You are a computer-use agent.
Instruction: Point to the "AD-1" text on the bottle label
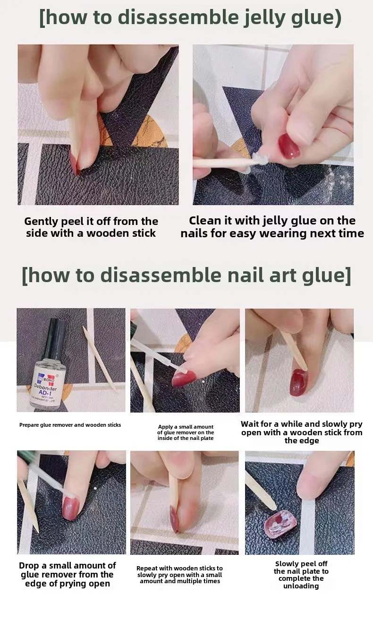(46, 393)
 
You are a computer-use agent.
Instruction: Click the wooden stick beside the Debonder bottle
(100, 359)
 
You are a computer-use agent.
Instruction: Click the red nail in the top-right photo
(289, 146)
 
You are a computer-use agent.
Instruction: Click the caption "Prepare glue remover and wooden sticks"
(70, 425)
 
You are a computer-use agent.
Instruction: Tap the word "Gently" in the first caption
(41, 222)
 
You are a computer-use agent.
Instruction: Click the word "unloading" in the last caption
(301, 586)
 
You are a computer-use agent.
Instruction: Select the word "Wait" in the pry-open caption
(250, 424)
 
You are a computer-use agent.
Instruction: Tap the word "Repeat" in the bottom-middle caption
(146, 569)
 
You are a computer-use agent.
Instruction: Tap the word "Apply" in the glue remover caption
(165, 427)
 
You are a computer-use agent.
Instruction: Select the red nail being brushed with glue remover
(184, 378)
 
